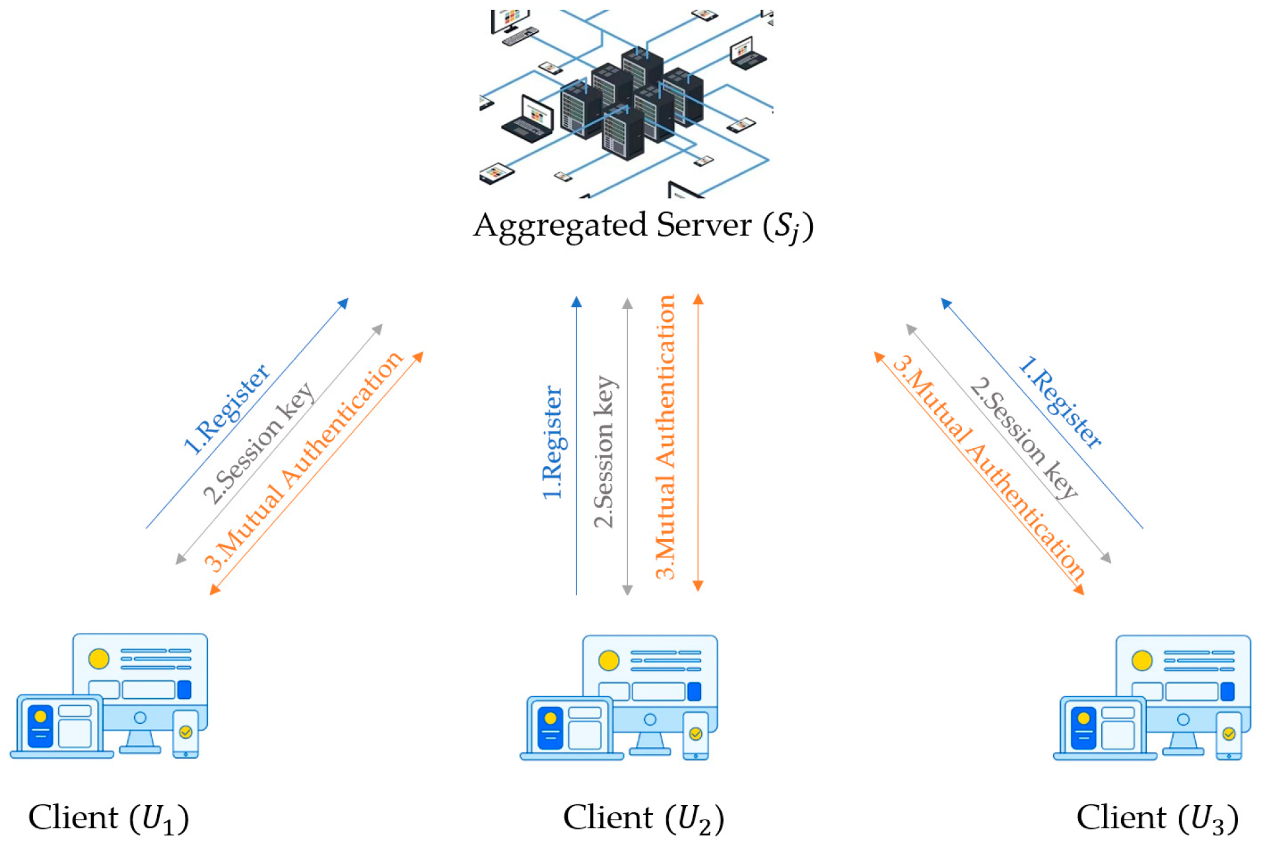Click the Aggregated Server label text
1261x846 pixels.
pyautogui.click(x=642, y=226)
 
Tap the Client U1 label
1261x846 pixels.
pyautogui.click(x=108, y=818)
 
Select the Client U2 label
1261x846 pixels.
pyautogui.click(x=643, y=818)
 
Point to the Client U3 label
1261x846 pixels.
pyautogui.click(x=1157, y=818)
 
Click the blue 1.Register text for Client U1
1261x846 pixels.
pyautogui.click(x=226, y=409)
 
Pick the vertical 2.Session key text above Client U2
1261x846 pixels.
pyautogui.click(x=603, y=451)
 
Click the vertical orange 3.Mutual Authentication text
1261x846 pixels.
pyautogui.click(x=665, y=437)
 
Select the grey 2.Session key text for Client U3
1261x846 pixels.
pyautogui.click(x=1023, y=438)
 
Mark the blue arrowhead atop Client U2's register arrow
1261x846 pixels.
pyautogui.click(x=576, y=302)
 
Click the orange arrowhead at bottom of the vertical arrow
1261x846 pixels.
pyautogui.click(x=698, y=585)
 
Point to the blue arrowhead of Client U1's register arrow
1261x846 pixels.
pyautogui.click(x=343, y=303)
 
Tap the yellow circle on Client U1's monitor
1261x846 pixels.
pyautogui.click(x=99, y=658)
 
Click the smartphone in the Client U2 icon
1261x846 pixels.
pyautogui.click(x=695, y=735)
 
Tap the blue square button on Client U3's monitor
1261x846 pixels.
pyautogui.click(x=1227, y=691)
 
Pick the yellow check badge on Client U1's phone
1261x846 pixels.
pyautogui.click(x=186, y=732)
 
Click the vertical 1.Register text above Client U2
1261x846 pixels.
pyautogui.click(x=552, y=442)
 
